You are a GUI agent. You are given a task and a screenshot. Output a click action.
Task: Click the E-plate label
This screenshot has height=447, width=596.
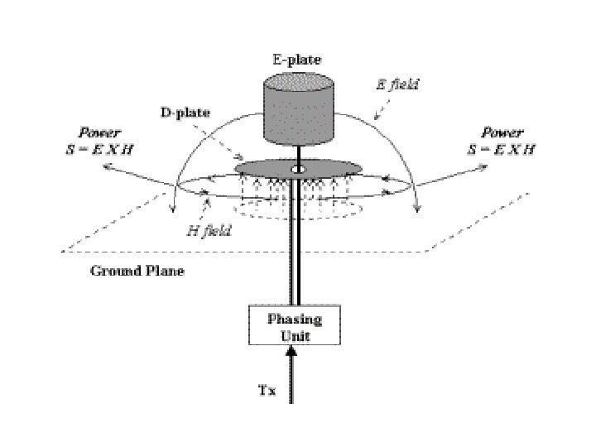297,60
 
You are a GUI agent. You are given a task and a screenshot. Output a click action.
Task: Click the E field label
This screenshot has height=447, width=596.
399,84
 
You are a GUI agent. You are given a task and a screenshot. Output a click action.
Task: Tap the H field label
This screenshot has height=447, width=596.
208,232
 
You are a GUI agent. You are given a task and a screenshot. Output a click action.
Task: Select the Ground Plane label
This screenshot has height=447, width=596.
138,271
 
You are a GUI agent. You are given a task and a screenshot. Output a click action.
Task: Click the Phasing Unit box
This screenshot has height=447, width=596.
295,326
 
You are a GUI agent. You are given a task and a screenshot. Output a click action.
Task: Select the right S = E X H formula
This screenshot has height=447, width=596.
500,149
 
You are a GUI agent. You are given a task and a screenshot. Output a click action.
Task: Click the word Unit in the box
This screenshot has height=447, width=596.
295,334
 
